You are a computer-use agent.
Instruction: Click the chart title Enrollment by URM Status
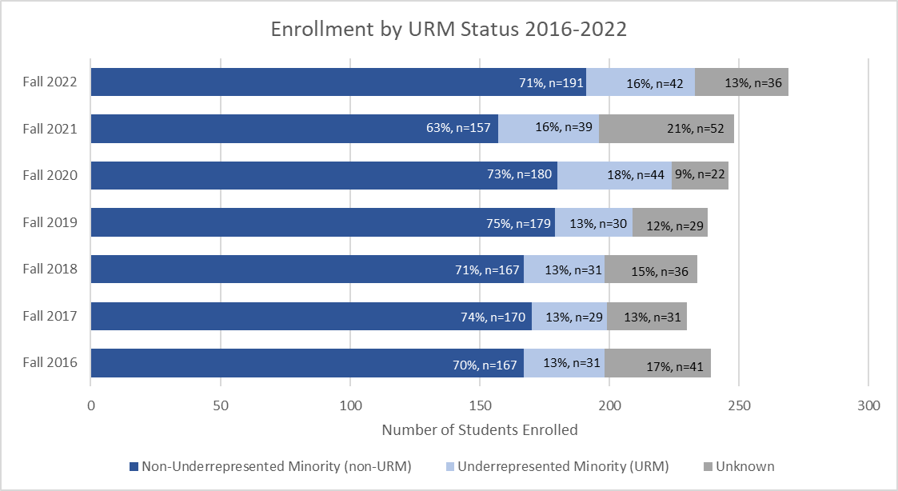(449, 30)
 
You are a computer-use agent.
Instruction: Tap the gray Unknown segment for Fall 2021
(666, 128)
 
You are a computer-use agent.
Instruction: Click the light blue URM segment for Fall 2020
(614, 175)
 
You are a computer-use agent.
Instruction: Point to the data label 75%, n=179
(517, 223)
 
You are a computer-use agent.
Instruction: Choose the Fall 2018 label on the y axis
(50, 269)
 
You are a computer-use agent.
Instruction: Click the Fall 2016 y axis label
(50, 362)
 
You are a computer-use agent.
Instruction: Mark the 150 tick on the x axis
(480, 406)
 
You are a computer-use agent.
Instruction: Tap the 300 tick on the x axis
(868, 406)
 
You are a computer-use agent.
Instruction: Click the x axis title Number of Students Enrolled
(480, 430)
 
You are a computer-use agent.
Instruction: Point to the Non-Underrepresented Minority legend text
(276, 466)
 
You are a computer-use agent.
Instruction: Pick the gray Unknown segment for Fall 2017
(646, 316)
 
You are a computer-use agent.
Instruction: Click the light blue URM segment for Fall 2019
(593, 222)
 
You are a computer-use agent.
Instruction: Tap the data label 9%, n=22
(700, 176)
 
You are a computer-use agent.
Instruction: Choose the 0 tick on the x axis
(91, 406)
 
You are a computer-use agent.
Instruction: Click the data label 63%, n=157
(461, 130)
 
